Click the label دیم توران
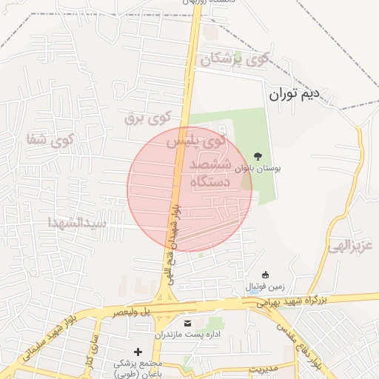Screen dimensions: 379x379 click(x=293, y=94)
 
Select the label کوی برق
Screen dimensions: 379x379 click(x=147, y=117)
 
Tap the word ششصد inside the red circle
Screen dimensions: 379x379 click(x=210, y=164)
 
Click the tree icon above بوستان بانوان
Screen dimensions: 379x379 click(x=258, y=155)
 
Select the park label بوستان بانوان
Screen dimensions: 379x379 click(x=258, y=169)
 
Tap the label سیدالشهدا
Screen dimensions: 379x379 click(x=77, y=222)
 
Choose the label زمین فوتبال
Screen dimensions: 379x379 click(x=265, y=287)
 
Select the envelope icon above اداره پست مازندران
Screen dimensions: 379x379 click(x=187, y=323)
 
